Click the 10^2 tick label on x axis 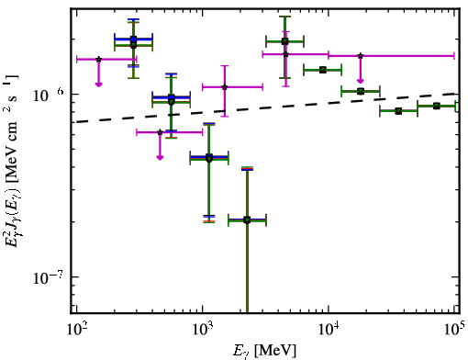(x=77, y=330)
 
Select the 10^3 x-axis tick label (x=203, y=330)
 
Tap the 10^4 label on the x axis (x=329, y=330)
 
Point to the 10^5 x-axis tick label (x=456, y=329)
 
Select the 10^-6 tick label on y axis (x=48, y=96)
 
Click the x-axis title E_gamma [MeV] (x=265, y=350)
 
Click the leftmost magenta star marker (x=98, y=59)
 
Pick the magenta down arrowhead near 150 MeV (x=98, y=84)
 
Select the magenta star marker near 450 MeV (x=160, y=132)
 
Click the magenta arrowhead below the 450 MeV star (x=160, y=157)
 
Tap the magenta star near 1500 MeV (x=225, y=87)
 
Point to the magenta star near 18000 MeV (x=361, y=56)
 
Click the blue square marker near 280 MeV (x=133, y=39)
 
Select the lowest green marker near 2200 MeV (x=247, y=219)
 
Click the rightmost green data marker (x=437, y=106)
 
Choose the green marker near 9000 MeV (x=322, y=70)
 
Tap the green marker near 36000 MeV (x=398, y=111)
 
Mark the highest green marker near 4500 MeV (x=285, y=41)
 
